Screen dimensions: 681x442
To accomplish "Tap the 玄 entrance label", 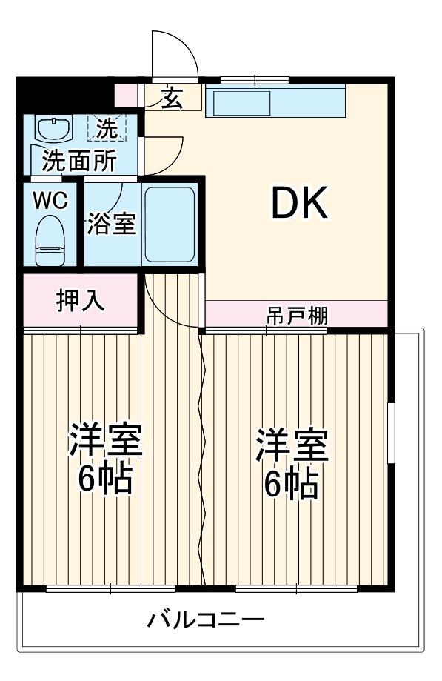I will (171, 97).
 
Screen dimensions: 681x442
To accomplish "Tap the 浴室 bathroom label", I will (112, 224).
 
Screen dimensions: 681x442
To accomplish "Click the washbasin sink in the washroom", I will (53, 130).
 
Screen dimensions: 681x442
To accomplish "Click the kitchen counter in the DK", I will (275, 102).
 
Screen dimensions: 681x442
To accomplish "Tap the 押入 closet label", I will (80, 301).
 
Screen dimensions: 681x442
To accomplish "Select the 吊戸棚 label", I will (297, 315).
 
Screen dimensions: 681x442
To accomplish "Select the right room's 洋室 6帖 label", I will (292, 464).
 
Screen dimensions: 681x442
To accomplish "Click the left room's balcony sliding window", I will (110, 589).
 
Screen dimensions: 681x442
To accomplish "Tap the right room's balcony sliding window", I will (296, 589).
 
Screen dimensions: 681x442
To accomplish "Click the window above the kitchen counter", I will (254, 79).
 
